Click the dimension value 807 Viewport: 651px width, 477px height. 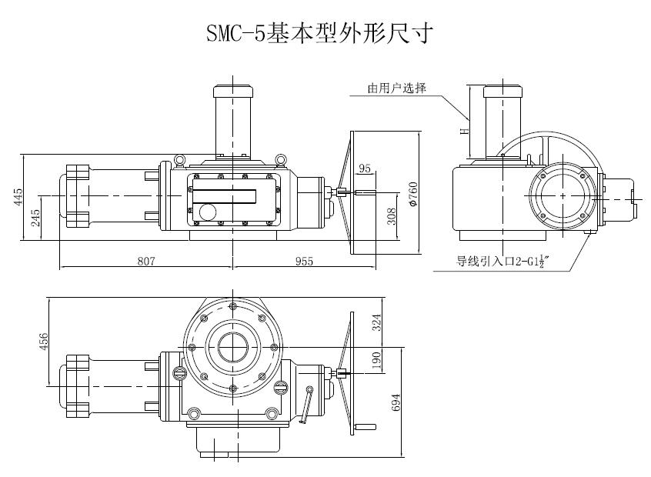(146, 262)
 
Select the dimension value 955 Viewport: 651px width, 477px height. (304, 262)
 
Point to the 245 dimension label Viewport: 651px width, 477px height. (35, 218)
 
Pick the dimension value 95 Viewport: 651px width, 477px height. (365, 168)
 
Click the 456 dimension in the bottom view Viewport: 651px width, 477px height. (44, 340)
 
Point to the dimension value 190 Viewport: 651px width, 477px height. (376, 360)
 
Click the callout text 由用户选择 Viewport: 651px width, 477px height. (396, 88)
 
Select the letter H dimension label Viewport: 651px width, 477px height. (463, 130)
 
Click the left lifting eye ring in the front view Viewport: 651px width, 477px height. (179, 159)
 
